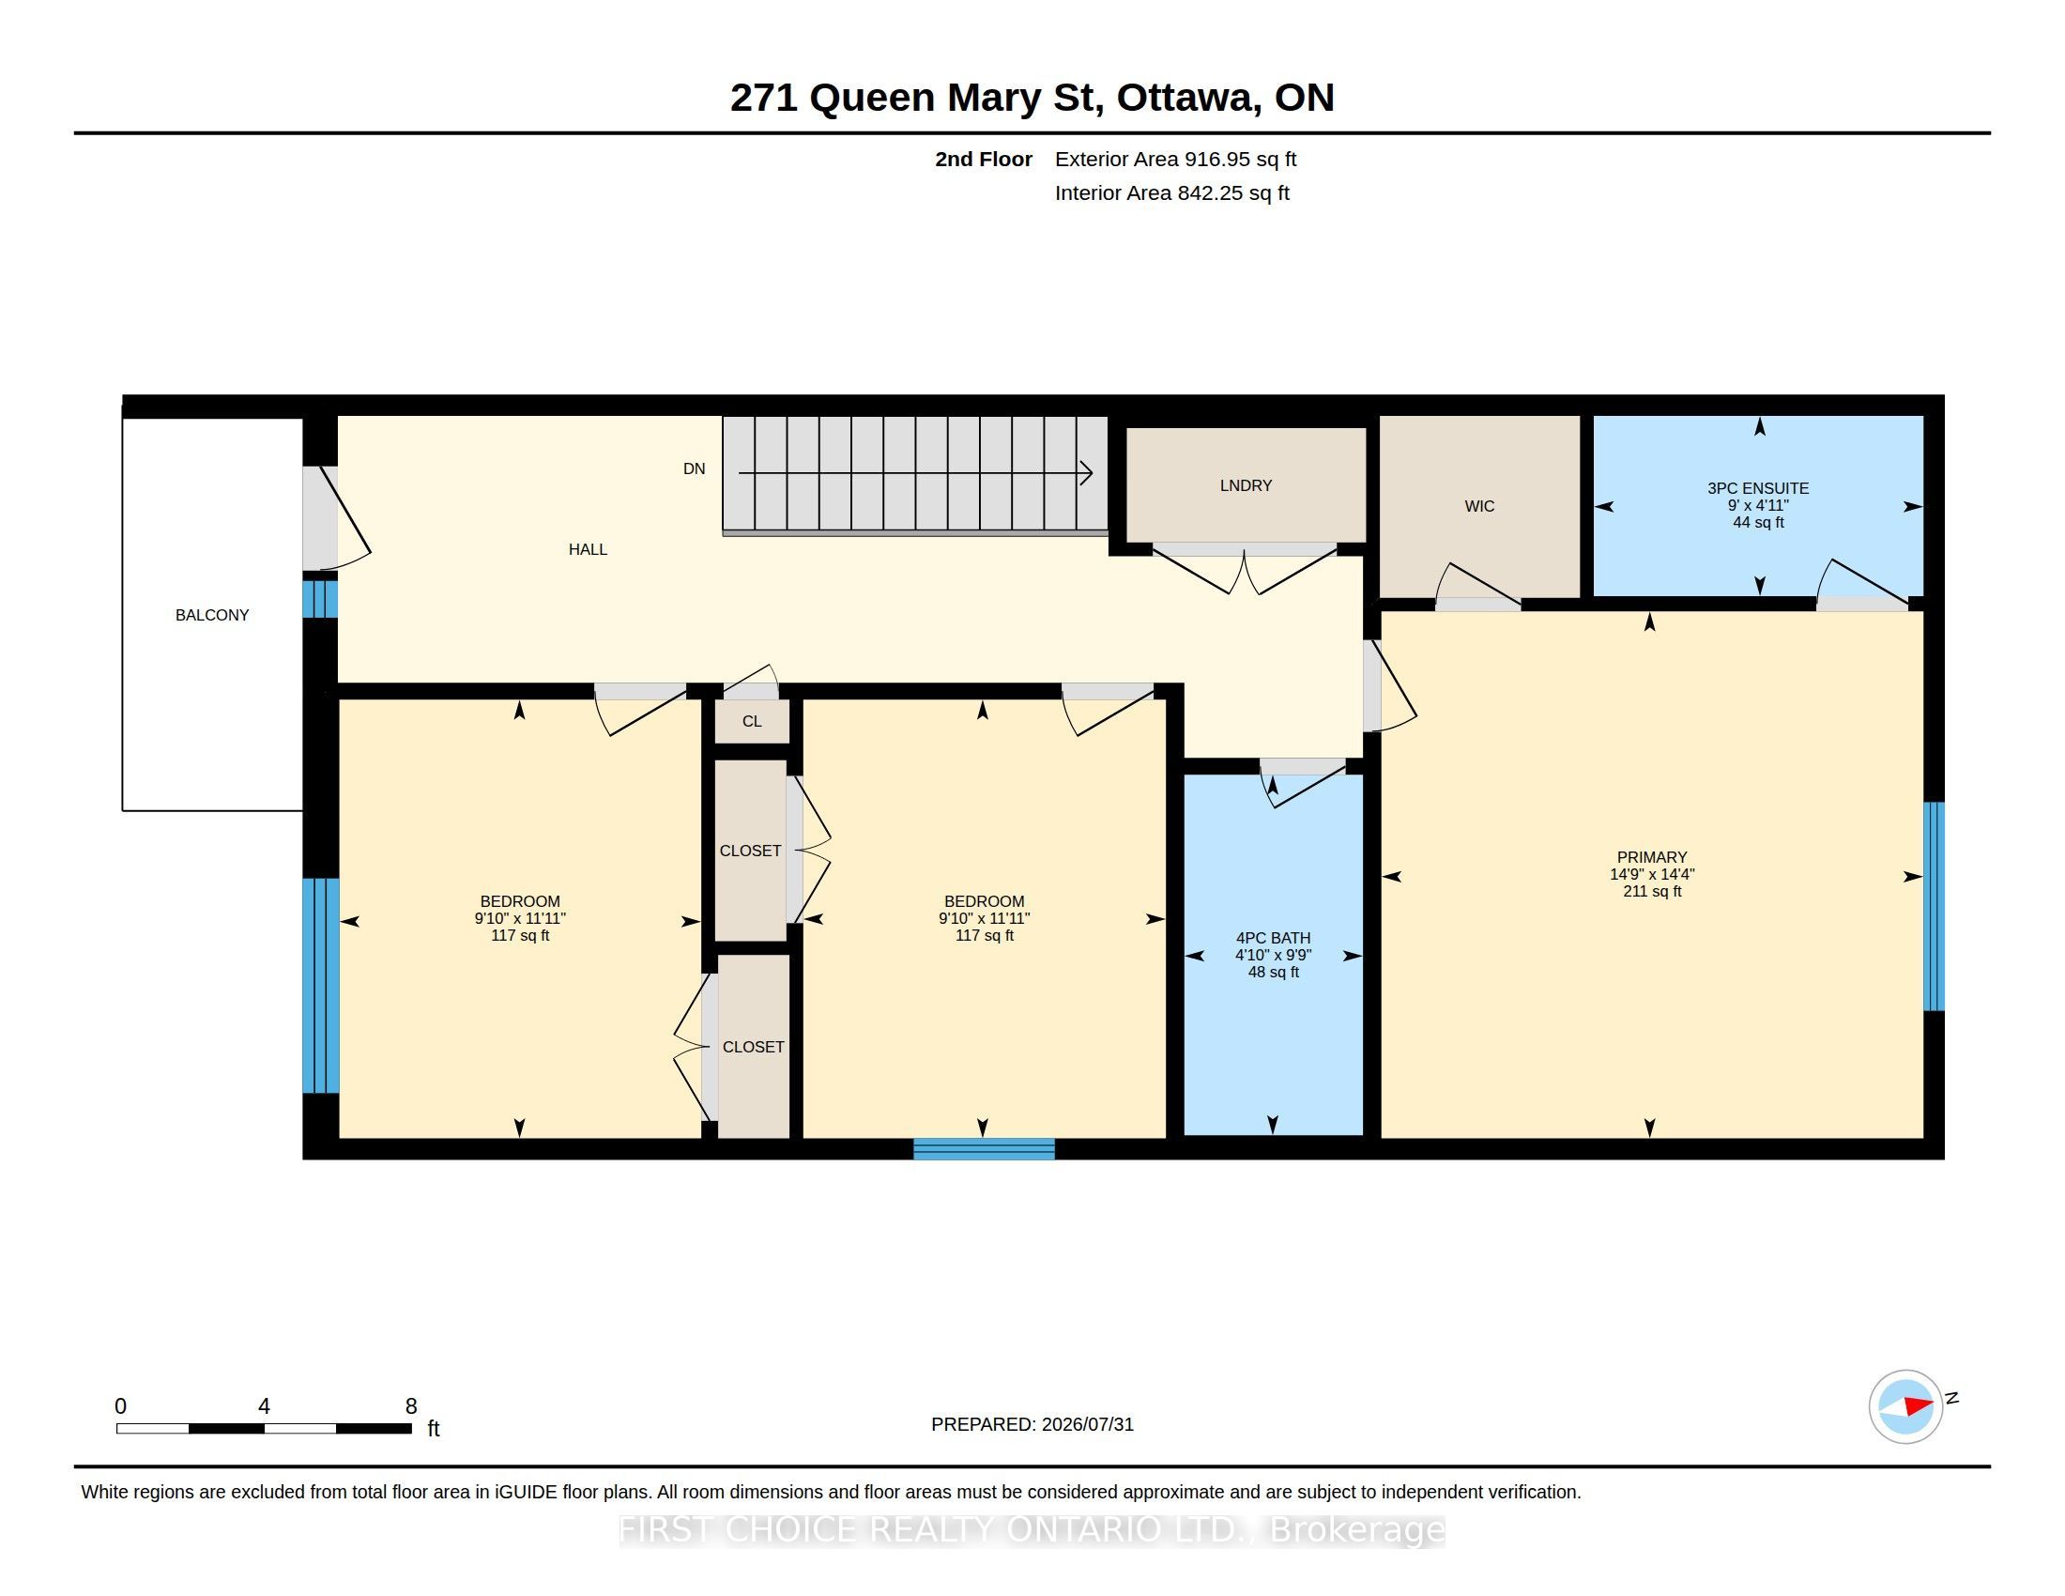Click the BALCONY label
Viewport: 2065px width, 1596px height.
212,615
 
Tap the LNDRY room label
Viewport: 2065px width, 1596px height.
1246,485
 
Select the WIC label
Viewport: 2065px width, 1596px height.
1478,506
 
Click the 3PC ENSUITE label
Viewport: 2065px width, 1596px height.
1758,488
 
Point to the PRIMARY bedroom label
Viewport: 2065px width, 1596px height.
1652,857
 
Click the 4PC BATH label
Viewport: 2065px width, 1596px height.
1273,938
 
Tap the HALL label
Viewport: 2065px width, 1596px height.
588,549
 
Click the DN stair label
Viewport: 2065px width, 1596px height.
694,469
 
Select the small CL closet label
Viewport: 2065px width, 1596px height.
752,721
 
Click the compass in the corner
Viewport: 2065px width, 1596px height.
1905,1406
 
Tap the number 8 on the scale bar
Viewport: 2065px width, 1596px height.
411,1406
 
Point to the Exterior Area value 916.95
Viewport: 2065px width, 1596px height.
1213,159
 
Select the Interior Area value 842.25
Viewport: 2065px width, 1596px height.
1205,192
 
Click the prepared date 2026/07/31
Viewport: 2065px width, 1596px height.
1087,1424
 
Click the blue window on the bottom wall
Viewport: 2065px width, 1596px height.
984,1149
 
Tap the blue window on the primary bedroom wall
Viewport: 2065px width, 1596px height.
1935,906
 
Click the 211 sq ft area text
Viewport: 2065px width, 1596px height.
1652,891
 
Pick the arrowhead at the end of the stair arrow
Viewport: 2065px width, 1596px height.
1087,473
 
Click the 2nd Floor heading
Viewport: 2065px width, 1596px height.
984,159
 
